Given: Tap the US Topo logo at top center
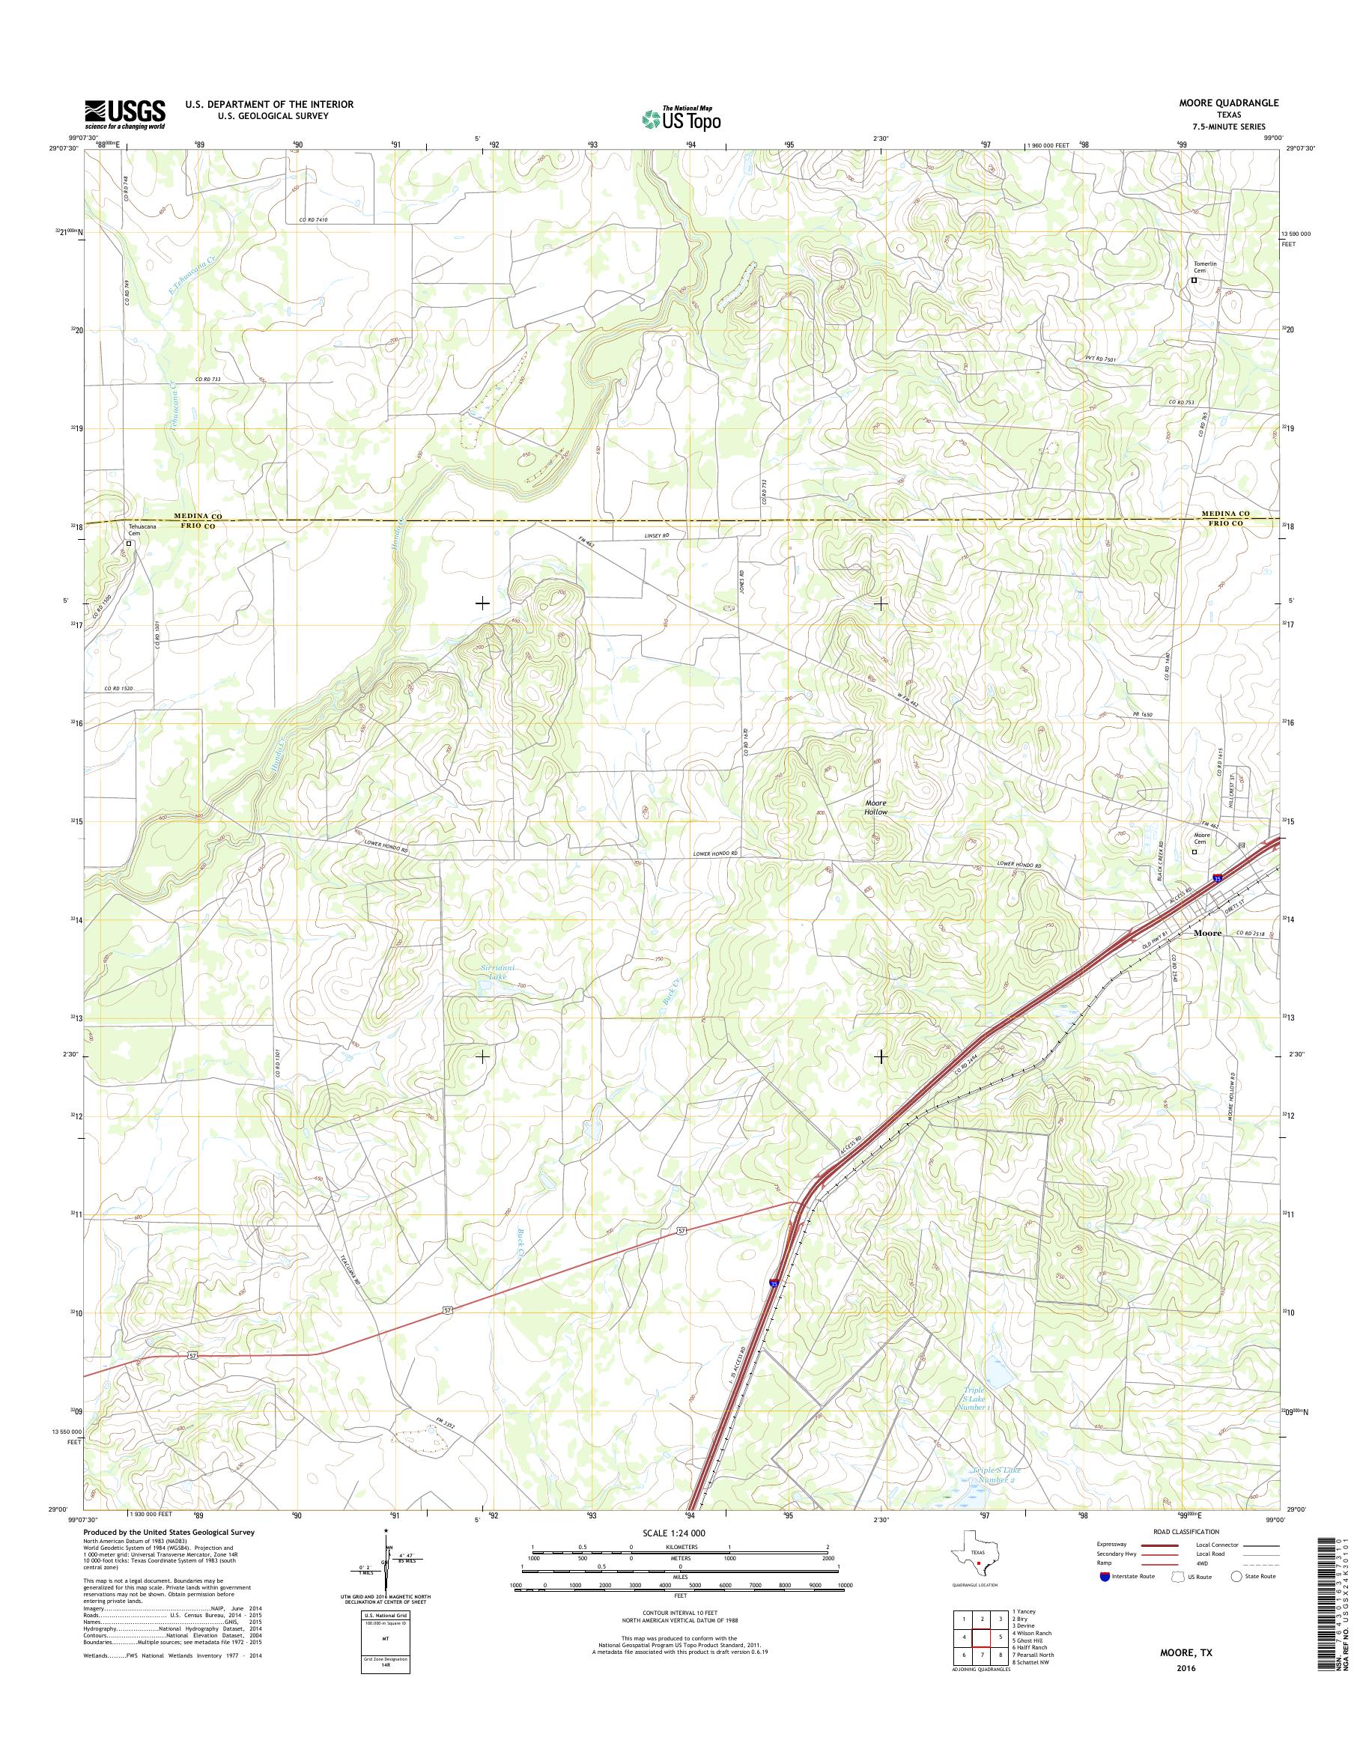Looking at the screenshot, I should tap(681, 118).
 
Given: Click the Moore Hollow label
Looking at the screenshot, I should tap(875, 806).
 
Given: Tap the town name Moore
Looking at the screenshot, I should tap(1206, 932).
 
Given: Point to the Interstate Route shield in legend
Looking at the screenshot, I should tap(1105, 1577).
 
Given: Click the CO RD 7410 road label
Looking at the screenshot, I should tap(314, 219).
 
